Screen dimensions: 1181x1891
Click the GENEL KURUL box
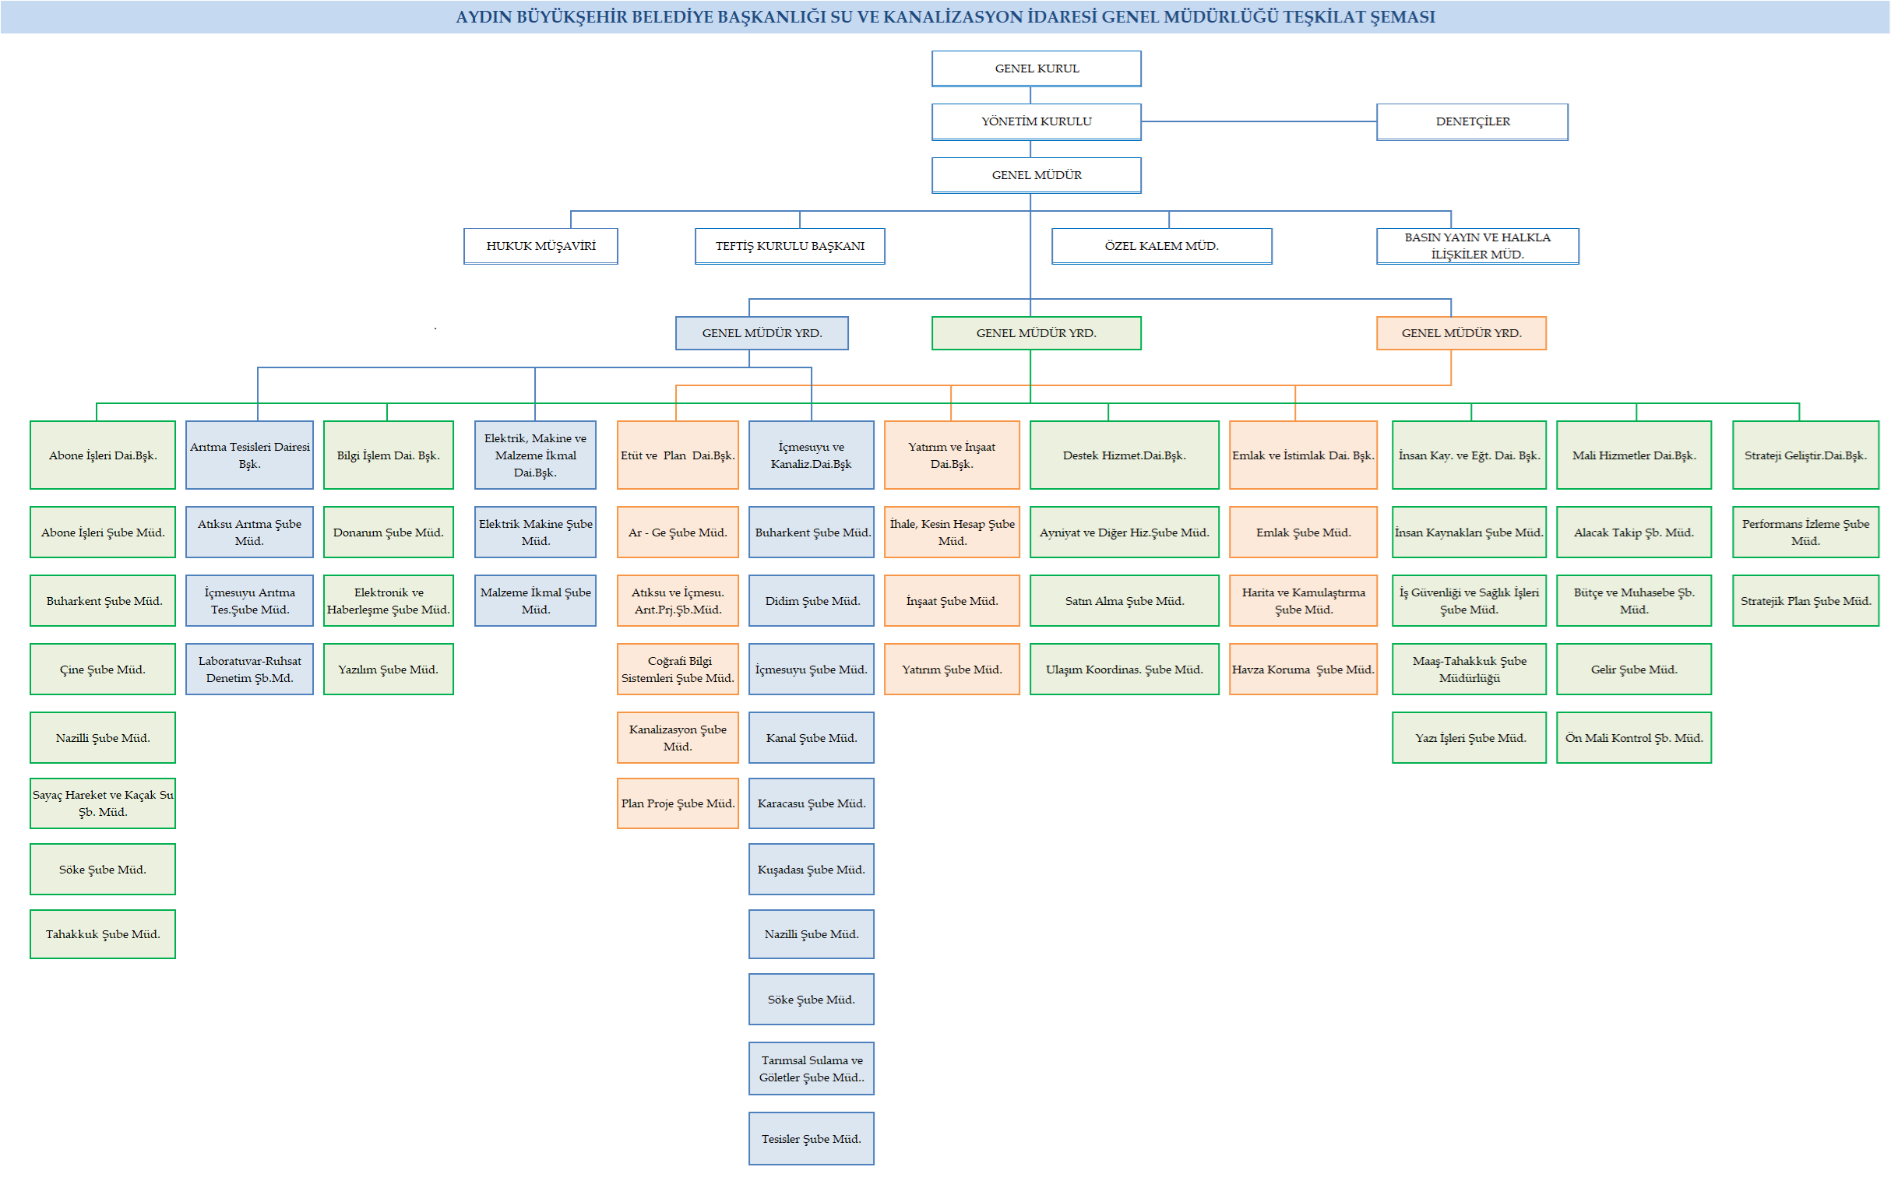tap(1036, 69)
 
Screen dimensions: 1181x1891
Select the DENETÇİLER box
tap(1472, 122)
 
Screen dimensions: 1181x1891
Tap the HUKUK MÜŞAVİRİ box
tap(541, 246)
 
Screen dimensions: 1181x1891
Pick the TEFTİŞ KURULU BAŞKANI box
tap(789, 246)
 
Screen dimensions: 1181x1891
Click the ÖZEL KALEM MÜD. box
tap(1161, 246)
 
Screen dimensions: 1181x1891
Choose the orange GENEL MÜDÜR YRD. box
tap(1460, 333)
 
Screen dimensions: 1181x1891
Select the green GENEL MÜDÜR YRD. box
tap(1036, 333)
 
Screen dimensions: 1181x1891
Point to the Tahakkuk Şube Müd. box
tap(102, 934)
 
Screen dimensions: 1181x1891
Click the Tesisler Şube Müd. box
tap(811, 1139)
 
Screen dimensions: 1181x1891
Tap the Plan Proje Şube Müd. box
tap(678, 803)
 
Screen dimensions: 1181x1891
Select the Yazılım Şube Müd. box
tap(389, 670)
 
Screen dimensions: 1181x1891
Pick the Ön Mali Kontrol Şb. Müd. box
tap(1633, 738)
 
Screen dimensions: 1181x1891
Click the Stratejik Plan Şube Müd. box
tap(1805, 602)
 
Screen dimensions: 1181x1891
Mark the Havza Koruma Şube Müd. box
tap(1303, 670)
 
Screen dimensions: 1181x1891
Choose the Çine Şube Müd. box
tap(102, 670)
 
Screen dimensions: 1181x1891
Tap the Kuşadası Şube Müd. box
tap(811, 870)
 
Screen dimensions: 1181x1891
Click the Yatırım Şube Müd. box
tap(952, 670)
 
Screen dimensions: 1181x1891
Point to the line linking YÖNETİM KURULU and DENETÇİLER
tap(1258, 122)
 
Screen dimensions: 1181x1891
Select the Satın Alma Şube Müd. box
tap(1124, 602)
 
